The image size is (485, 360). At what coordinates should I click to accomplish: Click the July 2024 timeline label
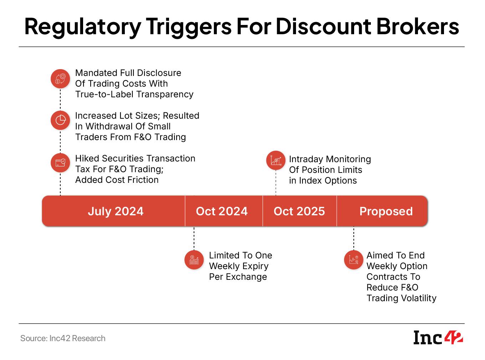pyautogui.click(x=116, y=211)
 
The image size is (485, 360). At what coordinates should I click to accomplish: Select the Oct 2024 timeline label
pyautogui.click(x=221, y=211)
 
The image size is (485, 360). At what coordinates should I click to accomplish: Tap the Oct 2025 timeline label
pyautogui.click(x=299, y=211)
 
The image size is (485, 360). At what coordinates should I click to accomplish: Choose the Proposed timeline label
pyautogui.click(x=386, y=211)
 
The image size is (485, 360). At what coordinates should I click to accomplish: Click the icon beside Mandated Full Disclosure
pyautogui.click(x=60, y=79)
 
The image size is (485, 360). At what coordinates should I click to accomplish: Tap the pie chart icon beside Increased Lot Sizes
pyautogui.click(x=60, y=120)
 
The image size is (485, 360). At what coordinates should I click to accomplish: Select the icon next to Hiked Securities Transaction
pyautogui.click(x=60, y=163)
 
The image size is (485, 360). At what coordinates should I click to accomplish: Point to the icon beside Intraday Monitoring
pyautogui.click(x=276, y=160)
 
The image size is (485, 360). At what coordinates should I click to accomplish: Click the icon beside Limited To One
pyautogui.click(x=194, y=260)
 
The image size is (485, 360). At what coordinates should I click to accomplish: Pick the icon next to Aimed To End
pyautogui.click(x=353, y=260)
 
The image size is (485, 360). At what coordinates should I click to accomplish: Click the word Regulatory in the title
pyautogui.click(x=83, y=27)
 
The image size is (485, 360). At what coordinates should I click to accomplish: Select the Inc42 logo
pyautogui.click(x=438, y=337)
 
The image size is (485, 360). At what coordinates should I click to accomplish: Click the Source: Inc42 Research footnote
pyautogui.click(x=63, y=338)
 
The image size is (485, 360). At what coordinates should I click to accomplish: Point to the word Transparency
pyautogui.click(x=165, y=94)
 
